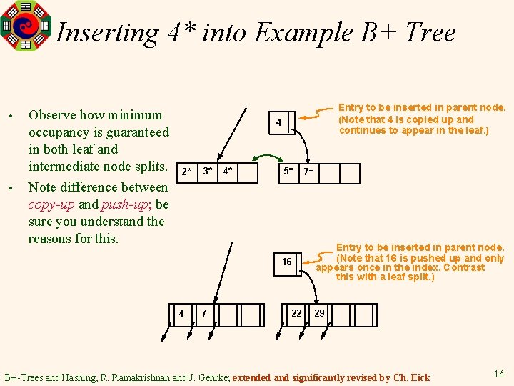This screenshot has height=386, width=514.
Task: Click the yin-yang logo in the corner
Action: click(26, 26)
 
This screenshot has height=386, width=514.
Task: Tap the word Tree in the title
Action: click(430, 33)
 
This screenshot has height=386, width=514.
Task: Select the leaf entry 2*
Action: click(186, 172)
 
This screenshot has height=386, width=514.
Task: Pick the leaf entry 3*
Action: click(207, 172)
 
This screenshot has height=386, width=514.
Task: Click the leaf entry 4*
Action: click(228, 172)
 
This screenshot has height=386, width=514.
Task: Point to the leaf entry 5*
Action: click(288, 172)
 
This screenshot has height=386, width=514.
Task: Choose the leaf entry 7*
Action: click(308, 172)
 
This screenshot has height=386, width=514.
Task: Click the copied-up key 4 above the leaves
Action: click(279, 124)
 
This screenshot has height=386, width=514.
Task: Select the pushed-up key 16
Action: click(286, 262)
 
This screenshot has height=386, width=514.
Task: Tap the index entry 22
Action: click(296, 313)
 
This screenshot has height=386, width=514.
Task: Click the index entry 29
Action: click(319, 313)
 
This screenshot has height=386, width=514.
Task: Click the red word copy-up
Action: click(53, 204)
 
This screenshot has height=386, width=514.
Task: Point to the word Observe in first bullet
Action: click(51, 115)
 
